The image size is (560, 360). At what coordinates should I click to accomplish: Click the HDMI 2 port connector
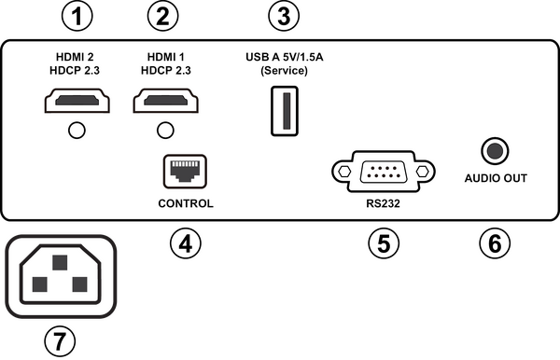click(77, 100)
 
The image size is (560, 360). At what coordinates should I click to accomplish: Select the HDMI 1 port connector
click(165, 100)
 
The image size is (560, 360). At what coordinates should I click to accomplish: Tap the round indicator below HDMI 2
click(77, 130)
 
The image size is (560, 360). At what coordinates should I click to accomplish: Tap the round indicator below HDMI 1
click(165, 130)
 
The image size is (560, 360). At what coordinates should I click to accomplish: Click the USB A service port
click(285, 110)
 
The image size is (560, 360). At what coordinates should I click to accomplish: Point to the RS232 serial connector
click(384, 171)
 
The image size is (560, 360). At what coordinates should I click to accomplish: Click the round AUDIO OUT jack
click(495, 150)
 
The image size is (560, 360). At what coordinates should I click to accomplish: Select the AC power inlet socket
click(61, 277)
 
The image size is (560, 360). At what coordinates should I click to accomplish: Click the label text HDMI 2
click(77, 56)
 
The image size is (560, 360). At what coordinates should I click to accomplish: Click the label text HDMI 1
click(165, 56)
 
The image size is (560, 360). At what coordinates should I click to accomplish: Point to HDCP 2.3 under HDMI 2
click(77, 71)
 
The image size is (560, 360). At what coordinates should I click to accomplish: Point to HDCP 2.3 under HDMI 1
click(165, 71)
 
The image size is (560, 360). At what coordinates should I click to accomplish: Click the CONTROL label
click(185, 203)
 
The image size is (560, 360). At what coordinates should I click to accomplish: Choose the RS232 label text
click(384, 203)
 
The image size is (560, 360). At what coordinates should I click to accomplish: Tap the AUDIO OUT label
click(496, 178)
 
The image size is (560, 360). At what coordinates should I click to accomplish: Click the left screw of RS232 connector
click(343, 171)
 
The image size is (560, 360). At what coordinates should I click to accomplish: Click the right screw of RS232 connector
click(424, 171)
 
